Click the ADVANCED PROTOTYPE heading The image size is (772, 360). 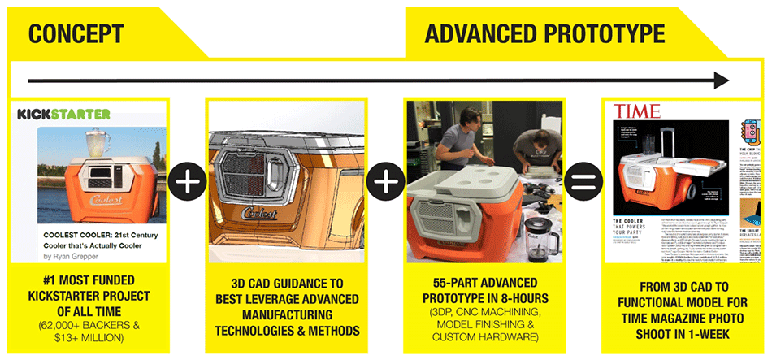pos(544,34)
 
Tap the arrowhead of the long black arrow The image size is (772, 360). pos(719,80)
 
